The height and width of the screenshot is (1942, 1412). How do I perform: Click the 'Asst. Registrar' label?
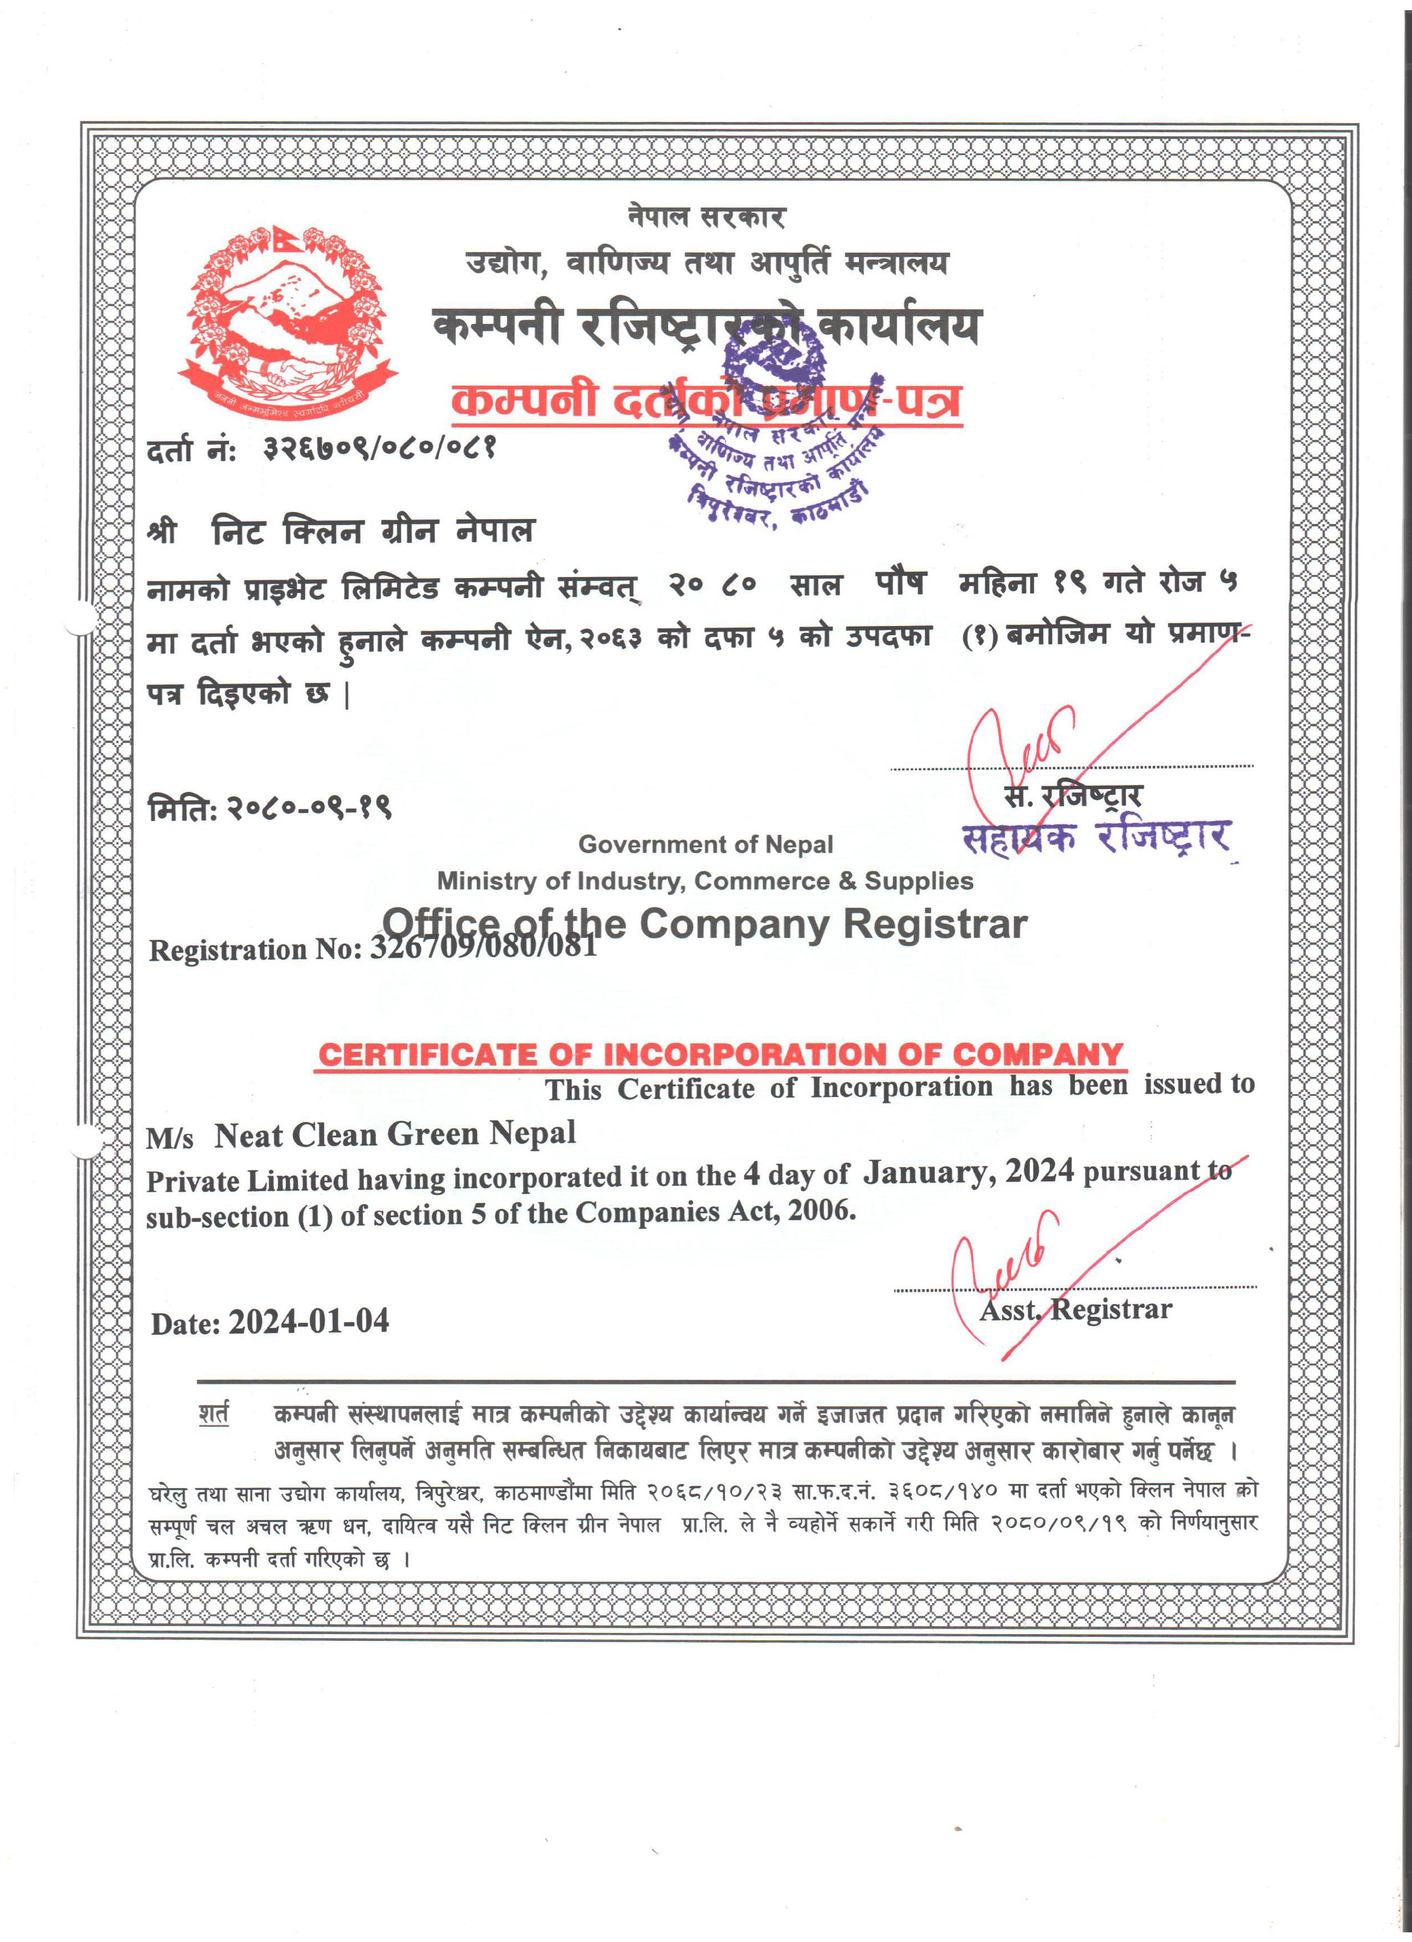[x=1076, y=1309]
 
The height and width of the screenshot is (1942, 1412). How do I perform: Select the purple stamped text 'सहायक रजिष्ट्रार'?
[x=1096, y=836]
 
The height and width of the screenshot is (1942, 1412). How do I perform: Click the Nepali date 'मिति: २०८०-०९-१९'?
[x=270, y=807]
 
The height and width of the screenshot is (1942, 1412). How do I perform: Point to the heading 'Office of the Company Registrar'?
[x=704, y=923]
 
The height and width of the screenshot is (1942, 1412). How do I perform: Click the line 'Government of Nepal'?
[x=705, y=844]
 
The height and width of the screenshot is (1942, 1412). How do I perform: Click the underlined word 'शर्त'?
[x=213, y=1413]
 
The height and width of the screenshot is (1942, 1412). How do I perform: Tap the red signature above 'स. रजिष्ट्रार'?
[x=1019, y=744]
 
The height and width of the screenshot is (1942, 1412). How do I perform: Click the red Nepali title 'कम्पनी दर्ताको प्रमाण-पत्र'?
[x=707, y=401]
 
